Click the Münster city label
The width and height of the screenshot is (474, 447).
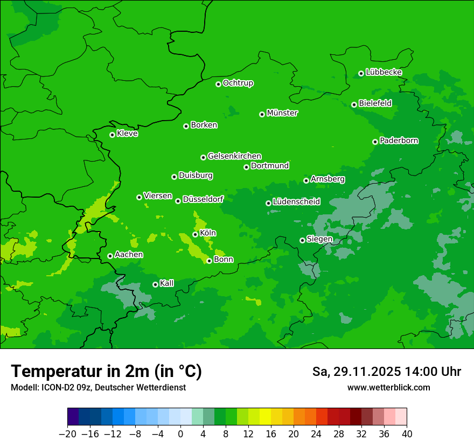click(282, 113)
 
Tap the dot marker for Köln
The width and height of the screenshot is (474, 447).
click(195, 234)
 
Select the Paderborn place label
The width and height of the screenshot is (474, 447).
click(399, 141)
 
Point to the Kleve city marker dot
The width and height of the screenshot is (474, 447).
click(112, 135)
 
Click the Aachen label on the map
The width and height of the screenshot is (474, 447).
click(129, 254)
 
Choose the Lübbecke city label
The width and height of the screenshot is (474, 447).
click(384, 72)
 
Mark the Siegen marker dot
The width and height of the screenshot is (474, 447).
click(302, 240)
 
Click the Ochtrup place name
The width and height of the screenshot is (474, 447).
click(238, 83)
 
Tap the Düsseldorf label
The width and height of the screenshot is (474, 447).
click(203, 199)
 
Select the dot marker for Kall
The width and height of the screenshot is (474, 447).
click(155, 284)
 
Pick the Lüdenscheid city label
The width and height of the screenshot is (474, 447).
click(296, 202)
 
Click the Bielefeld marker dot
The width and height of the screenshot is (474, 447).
click(354, 104)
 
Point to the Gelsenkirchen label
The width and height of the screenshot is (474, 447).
click(234, 156)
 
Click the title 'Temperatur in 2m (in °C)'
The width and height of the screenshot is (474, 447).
click(106, 372)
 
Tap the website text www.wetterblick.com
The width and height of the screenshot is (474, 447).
click(388, 387)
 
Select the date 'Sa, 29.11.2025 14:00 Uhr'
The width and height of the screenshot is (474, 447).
click(386, 372)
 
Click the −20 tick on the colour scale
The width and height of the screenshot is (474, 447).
click(67, 434)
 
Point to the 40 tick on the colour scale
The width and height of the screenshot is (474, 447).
click(407, 434)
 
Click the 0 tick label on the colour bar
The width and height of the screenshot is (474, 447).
click(180, 434)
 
